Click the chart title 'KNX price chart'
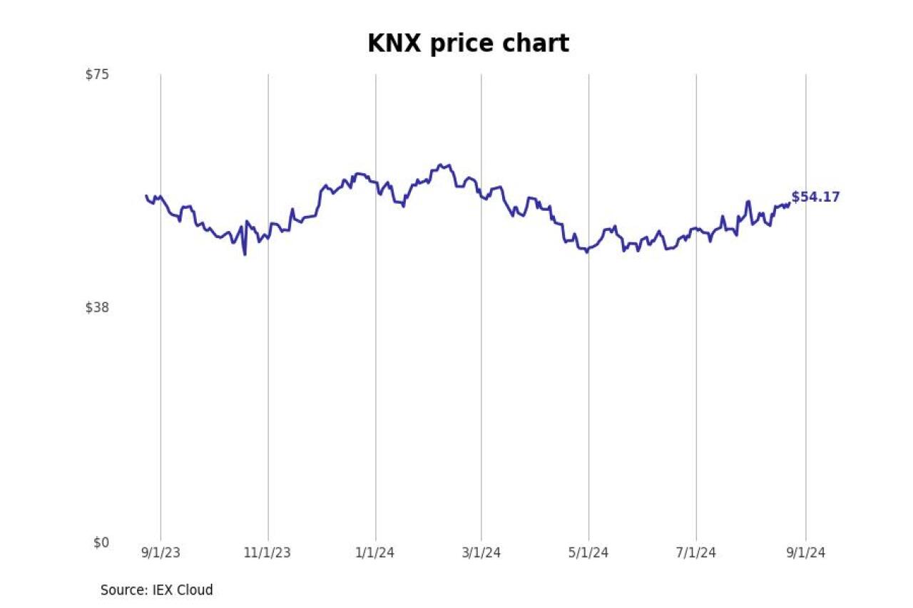468,44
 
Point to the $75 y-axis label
97,74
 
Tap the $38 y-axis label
97,308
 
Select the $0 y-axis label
101,542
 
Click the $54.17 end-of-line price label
815,197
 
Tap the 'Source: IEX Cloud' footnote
156,590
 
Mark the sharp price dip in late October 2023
245,254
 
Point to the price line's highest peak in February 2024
443,165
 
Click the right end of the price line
789,203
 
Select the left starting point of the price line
146,196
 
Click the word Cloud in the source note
195,590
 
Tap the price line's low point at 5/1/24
587,252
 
